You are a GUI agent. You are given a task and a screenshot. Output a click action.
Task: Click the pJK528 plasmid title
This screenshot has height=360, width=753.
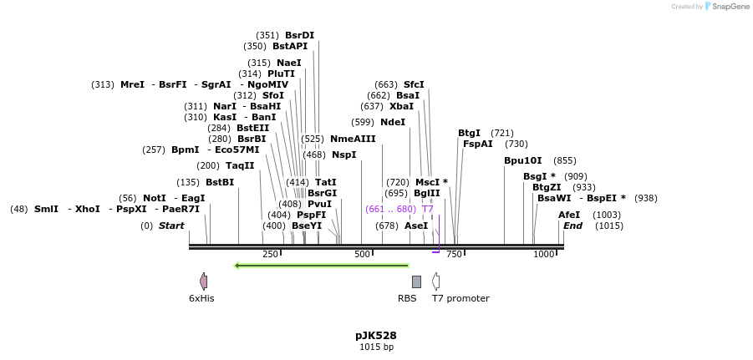(x=375, y=336)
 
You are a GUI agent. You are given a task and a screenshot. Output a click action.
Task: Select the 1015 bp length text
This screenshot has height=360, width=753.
(x=375, y=347)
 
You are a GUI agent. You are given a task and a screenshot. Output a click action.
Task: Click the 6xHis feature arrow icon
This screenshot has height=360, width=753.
(x=203, y=281)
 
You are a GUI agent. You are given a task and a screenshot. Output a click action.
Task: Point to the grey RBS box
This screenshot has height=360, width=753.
(x=416, y=282)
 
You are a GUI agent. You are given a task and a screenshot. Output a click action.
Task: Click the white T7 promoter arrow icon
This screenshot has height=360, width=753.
(x=435, y=281)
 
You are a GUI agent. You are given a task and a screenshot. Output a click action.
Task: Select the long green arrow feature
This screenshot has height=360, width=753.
(x=321, y=266)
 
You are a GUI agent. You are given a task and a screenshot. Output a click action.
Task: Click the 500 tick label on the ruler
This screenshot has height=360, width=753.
(x=362, y=255)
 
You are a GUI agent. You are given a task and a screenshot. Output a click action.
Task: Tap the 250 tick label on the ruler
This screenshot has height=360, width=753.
(x=270, y=255)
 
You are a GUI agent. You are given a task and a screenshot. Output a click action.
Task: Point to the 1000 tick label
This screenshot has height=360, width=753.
(x=544, y=255)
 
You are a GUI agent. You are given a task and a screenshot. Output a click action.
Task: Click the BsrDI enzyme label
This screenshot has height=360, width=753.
(x=299, y=35)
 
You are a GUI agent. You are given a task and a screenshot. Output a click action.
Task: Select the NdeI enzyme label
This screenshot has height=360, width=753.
(x=392, y=122)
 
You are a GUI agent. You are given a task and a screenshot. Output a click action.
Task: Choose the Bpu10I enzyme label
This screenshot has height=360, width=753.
(x=522, y=160)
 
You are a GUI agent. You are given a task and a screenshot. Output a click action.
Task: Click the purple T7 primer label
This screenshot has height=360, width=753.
(x=427, y=209)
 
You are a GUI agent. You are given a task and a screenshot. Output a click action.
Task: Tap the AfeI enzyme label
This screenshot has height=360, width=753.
(x=569, y=215)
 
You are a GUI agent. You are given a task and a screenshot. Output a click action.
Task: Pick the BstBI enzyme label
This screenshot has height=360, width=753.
(x=220, y=182)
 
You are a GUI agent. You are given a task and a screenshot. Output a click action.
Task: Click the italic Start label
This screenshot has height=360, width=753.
(x=171, y=226)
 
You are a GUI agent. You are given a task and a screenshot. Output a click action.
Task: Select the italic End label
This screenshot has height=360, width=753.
(x=572, y=226)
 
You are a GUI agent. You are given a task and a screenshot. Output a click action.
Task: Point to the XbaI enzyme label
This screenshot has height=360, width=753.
(x=401, y=106)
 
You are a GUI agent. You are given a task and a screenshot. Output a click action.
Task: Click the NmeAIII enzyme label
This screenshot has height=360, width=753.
(x=353, y=139)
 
